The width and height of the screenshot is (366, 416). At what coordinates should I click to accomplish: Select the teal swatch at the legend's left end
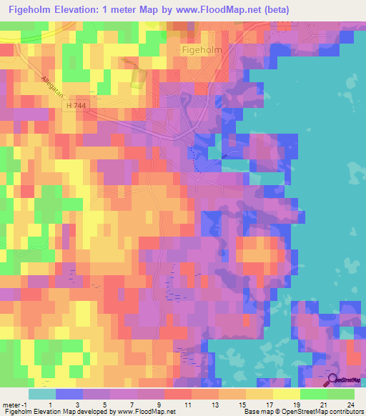tap(41, 394)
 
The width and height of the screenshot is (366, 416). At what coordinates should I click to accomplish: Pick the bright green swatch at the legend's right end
tap(341, 394)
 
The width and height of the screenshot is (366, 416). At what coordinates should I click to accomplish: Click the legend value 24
tap(350, 405)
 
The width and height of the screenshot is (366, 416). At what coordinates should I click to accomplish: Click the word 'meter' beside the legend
tap(12, 405)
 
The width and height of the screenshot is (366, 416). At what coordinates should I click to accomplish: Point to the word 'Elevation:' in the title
tap(86, 10)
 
